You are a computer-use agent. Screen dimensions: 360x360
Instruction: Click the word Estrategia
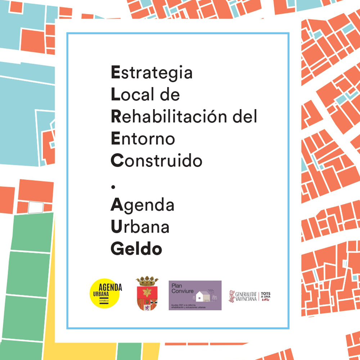tap(152, 73)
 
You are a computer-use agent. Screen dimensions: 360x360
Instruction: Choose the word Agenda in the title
tap(142, 206)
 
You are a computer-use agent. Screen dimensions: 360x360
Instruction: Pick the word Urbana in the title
tap(140, 227)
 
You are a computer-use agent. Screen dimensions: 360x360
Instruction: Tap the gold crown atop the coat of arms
tap(147, 280)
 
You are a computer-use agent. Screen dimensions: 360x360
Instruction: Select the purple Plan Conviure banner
tap(195, 295)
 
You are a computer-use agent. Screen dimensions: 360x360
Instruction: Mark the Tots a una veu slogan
tap(266, 296)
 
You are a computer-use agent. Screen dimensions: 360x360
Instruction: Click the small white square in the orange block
tap(36, 207)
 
